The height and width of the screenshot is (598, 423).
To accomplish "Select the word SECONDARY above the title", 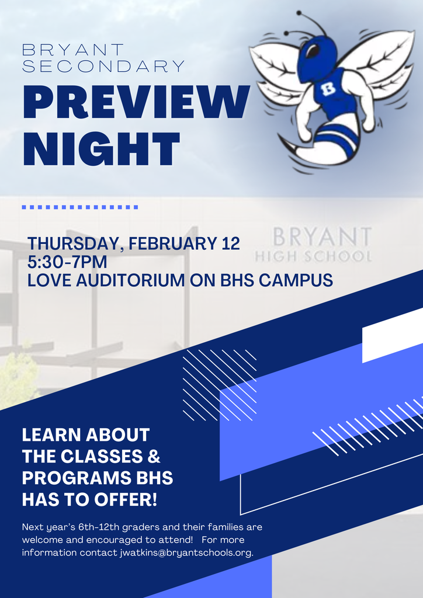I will click(x=103, y=66).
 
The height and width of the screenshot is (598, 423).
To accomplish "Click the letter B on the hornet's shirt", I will click(x=328, y=90).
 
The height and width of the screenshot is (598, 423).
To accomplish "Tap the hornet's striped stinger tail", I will click(x=327, y=146).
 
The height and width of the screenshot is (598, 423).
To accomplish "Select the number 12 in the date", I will click(x=230, y=244).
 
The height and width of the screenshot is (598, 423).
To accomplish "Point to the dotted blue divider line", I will click(x=79, y=207).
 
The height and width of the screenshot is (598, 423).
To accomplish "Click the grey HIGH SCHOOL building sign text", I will click(x=313, y=256).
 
